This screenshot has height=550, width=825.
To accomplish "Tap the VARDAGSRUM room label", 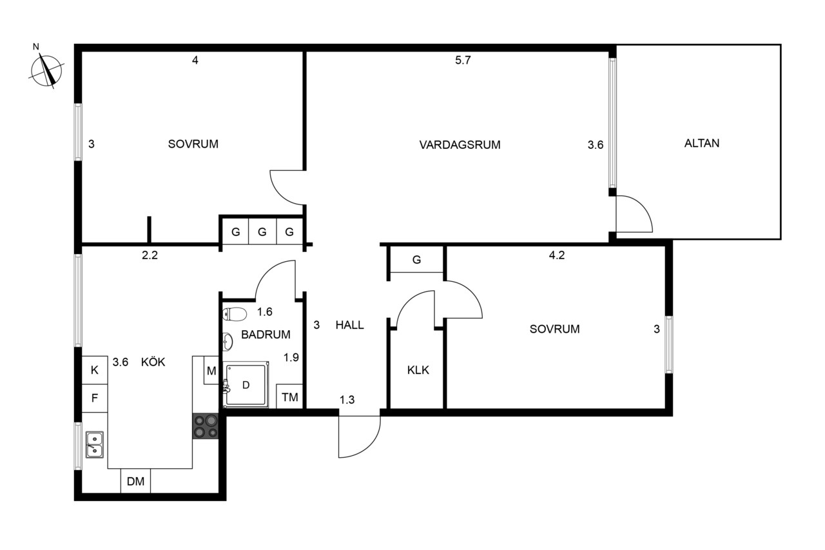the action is [x=460, y=145].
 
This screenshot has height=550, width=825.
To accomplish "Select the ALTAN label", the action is [x=702, y=143].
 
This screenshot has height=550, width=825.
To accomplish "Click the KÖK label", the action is [x=153, y=362].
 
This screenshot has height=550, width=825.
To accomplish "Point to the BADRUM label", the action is [x=266, y=335].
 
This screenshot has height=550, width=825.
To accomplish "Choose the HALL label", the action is [x=349, y=325].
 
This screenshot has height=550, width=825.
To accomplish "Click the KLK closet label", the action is [x=418, y=370].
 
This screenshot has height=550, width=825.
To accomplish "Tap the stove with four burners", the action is [x=206, y=426].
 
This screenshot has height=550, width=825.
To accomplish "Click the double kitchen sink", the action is [x=94, y=445].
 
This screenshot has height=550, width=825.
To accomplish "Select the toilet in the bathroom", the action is [x=235, y=314].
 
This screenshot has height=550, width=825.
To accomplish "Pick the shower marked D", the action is [x=246, y=385].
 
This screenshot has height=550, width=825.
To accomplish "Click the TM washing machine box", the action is [x=289, y=397].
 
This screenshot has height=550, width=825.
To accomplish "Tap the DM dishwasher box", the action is [x=135, y=481].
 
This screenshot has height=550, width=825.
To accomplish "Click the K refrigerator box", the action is [x=94, y=370].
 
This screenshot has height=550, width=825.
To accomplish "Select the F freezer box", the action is [x=94, y=398].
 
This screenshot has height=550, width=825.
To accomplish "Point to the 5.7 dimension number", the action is [x=463, y=60].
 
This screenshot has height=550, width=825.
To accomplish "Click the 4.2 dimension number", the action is [x=556, y=255].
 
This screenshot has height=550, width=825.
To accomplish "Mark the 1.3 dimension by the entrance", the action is [x=347, y=400].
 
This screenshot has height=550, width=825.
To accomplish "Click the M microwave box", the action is [x=211, y=371].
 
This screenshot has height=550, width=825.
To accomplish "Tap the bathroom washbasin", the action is [x=228, y=342].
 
